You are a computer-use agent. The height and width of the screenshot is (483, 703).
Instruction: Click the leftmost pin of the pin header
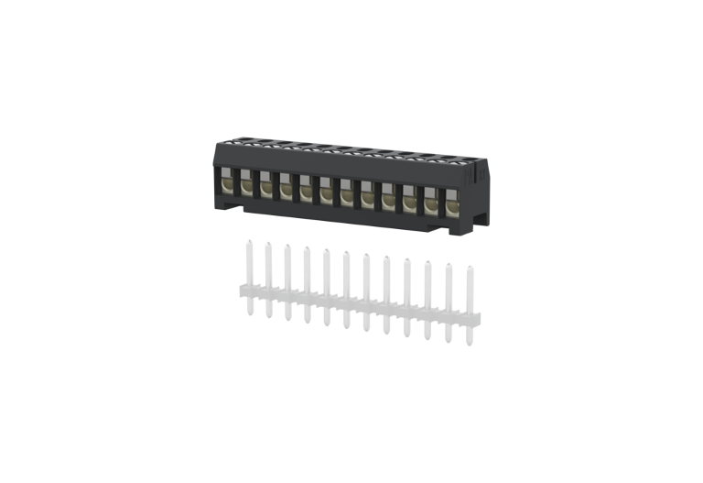click(x=248, y=275)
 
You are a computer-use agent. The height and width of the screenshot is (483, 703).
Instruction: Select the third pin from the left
click(x=287, y=280)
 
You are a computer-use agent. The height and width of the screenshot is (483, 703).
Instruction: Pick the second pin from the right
click(x=449, y=302)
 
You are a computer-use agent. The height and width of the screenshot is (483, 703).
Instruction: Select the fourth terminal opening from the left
click(x=286, y=188)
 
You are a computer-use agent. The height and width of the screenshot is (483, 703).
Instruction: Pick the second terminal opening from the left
click(x=245, y=184)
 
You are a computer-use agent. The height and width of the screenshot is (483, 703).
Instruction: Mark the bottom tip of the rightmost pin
click(x=470, y=343)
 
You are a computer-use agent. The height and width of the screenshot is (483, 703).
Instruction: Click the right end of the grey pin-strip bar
click(x=477, y=318)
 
